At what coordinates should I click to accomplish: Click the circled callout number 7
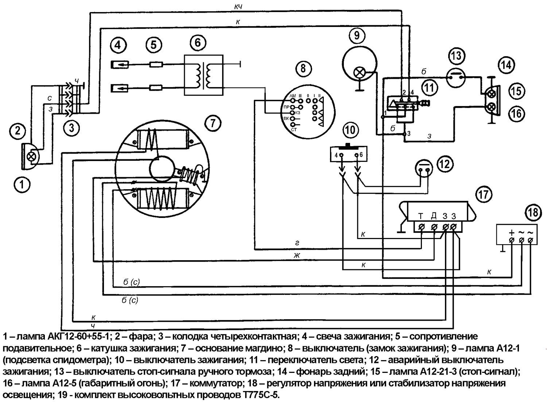click(213, 123)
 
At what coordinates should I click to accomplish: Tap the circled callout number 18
click(533, 212)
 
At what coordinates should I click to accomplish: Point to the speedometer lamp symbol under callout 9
click(360, 73)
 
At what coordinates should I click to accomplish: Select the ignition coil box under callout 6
click(203, 75)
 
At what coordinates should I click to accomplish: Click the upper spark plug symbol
click(120, 65)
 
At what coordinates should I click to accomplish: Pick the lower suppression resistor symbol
click(156, 87)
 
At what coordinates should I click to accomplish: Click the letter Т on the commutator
click(420, 216)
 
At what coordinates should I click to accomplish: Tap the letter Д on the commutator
click(434, 216)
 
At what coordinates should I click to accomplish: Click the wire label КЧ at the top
click(238, 7)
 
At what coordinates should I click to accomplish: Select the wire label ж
click(297, 255)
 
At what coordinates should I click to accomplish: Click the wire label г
click(297, 243)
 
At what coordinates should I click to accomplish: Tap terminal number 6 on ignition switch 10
click(361, 155)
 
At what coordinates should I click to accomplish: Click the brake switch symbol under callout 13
click(456, 77)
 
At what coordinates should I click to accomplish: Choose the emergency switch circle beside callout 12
click(424, 168)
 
